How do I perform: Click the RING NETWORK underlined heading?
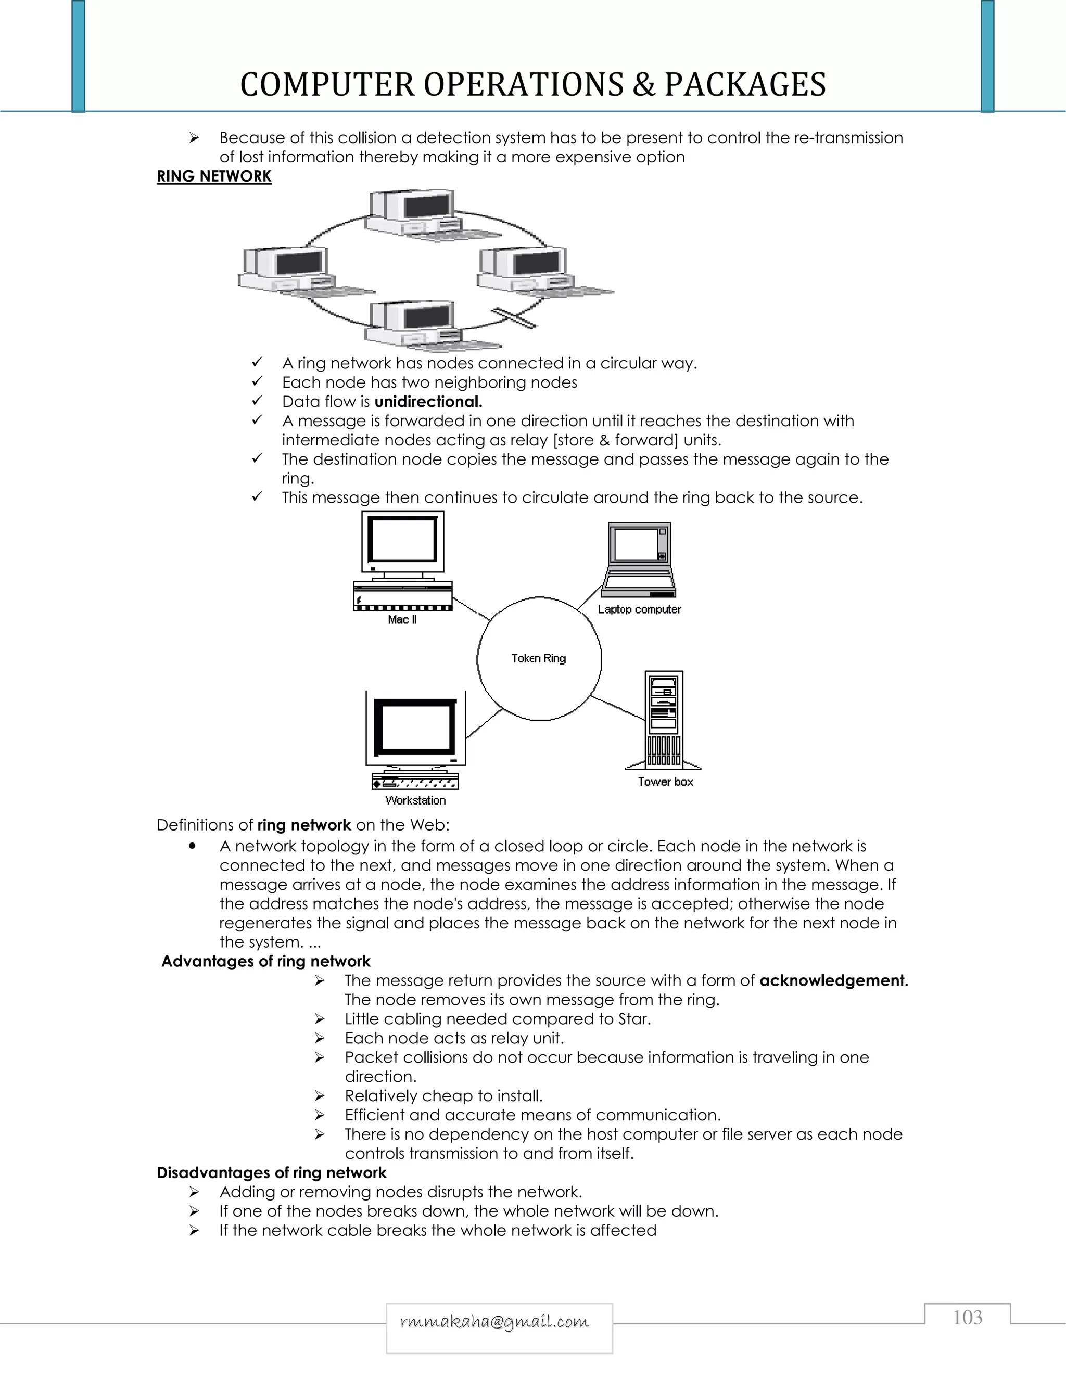[214, 176]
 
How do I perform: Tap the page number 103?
[967, 1317]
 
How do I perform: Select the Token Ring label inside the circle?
[539, 659]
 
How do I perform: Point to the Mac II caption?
[402, 620]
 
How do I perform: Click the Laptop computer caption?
[639, 609]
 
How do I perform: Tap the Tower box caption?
[665, 782]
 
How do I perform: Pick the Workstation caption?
[415, 801]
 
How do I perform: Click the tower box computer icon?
[664, 720]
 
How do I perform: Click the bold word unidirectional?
[428, 402]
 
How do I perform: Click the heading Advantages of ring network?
[266, 961]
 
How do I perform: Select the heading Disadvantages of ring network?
[272, 1172]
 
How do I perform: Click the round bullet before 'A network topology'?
[192, 846]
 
